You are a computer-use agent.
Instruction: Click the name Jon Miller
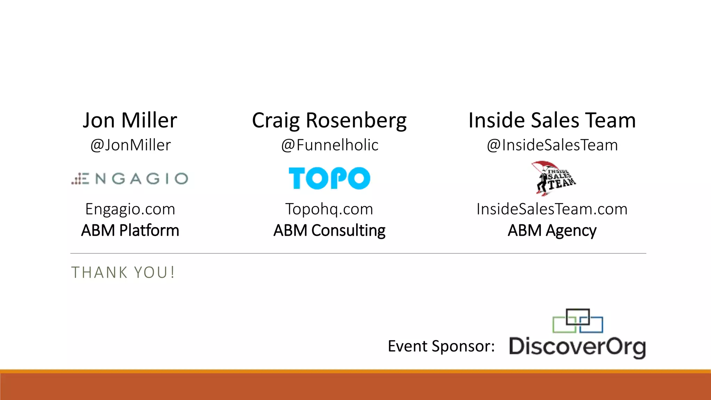tap(130, 120)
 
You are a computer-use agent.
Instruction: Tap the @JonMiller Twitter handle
tap(131, 145)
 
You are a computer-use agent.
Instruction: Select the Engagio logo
tap(130, 179)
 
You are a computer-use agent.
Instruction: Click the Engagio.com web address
tap(130, 209)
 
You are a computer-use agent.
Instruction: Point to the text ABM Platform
tap(130, 231)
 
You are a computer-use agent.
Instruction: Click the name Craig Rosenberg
tap(329, 120)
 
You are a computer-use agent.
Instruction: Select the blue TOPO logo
tap(329, 178)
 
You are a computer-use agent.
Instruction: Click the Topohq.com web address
tap(329, 209)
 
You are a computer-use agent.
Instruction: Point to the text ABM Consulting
tap(329, 231)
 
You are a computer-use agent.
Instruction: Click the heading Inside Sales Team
tap(552, 120)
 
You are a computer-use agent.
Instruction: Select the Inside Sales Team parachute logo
tap(553, 178)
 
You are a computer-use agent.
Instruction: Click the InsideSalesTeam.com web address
tap(552, 209)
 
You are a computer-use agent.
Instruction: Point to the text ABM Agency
tap(552, 231)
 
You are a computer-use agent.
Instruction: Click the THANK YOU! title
tap(123, 273)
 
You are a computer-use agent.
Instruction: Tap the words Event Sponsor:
tap(441, 346)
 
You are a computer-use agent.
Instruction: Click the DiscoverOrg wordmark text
tap(577, 347)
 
